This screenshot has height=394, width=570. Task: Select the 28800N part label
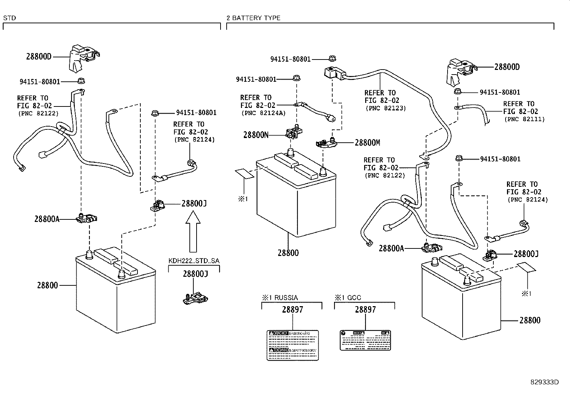click(x=256, y=135)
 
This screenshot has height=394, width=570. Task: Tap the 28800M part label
click(x=367, y=143)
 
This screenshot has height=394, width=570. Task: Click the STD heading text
click(x=9, y=18)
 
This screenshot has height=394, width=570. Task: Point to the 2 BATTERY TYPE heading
click(x=253, y=18)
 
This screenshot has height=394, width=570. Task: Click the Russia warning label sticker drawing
click(x=293, y=345)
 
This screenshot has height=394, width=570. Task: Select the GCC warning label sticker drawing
click(x=365, y=340)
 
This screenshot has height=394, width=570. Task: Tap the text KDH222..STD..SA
click(x=194, y=261)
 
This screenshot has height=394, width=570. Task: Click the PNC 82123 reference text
click(x=385, y=108)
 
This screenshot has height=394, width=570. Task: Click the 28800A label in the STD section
click(x=47, y=219)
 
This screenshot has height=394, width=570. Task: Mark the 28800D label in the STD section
click(x=39, y=57)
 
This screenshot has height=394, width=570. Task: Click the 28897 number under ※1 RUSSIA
click(x=293, y=310)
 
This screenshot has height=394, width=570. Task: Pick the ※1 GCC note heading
click(x=348, y=298)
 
